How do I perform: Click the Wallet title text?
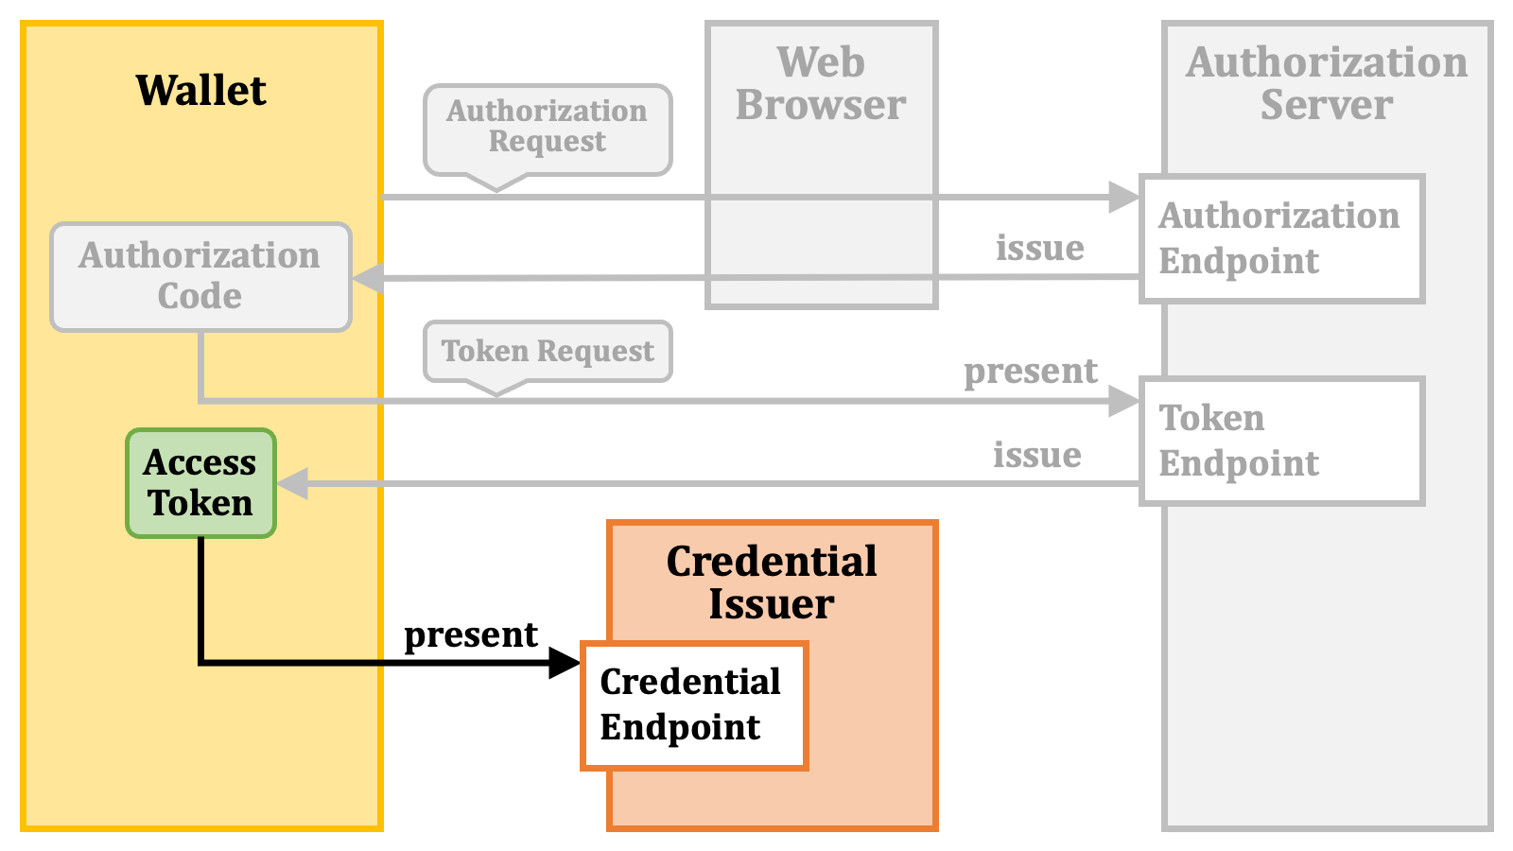[x=200, y=90]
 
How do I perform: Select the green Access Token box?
[x=200, y=483]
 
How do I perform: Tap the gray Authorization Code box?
[x=200, y=277]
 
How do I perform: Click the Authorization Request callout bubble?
[x=548, y=130]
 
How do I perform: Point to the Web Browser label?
[x=821, y=84]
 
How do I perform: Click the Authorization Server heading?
[x=1327, y=84]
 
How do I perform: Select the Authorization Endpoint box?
[x=1282, y=239]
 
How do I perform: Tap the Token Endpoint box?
[x=1282, y=441]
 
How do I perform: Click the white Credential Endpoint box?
[x=694, y=705]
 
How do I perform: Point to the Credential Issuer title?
[x=772, y=582]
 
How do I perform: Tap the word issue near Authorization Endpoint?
[x=1040, y=247]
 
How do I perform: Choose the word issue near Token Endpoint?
[x=1037, y=455]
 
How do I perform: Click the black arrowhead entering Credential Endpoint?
[x=565, y=663]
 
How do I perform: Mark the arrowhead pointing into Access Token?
[x=292, y=483]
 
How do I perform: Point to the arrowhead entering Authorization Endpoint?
[x=1124, y=198]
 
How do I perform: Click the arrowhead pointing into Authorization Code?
[x=368, y=278]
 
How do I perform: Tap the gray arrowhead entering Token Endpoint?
[x=1124, y=401]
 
